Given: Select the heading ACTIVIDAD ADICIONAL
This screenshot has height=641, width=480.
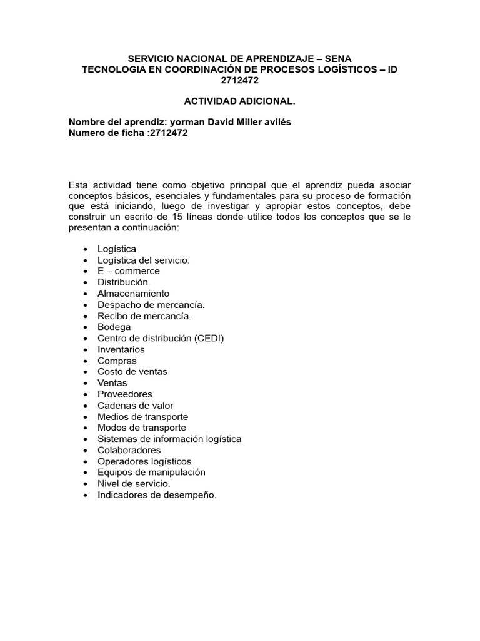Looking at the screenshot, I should click(239, 100).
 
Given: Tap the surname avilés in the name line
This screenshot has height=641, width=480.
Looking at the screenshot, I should click(276, 122).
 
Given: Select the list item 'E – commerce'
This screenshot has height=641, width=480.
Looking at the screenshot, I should click(128, 271).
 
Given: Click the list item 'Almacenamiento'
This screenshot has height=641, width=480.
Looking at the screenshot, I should click(133, 294).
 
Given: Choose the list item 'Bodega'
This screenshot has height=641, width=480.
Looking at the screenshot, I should click(114, 327).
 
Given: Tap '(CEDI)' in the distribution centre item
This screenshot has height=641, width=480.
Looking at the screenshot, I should click(209, 338).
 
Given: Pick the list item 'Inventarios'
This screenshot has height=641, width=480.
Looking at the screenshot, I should click(121, 349).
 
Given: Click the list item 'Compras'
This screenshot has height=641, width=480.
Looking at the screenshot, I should click(117, 361).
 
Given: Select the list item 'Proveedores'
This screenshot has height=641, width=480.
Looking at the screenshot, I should click(124, 394).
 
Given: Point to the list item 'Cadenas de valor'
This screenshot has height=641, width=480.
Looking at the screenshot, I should click(136, 406).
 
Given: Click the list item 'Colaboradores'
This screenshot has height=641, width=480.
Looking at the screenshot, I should click(129, 450).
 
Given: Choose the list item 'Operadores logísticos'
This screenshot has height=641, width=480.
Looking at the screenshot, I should click(144, 461).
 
